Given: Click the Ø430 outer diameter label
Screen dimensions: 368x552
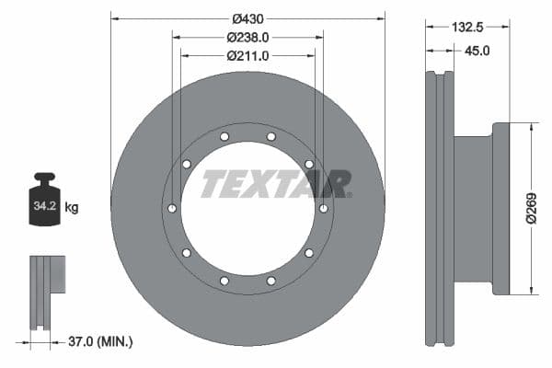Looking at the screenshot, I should [x=247, y=18].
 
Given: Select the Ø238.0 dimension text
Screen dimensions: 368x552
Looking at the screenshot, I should [x=247, y=38].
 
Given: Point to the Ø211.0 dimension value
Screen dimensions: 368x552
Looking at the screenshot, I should [x=247, y=56].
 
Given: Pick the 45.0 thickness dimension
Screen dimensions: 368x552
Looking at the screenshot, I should [x=477, y=52].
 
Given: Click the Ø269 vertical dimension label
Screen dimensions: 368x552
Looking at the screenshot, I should [x=530, y=209].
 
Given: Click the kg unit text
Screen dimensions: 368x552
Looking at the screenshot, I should [x=72, y=208].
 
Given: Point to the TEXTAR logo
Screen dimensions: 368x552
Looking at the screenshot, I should [x=275, y=184].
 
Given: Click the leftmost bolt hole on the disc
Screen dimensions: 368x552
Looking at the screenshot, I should [x=170, y=209].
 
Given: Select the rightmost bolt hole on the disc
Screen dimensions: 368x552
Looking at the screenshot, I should [x=323, y=209].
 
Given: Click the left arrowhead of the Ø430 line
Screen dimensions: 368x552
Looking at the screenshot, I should [x=114, y=18].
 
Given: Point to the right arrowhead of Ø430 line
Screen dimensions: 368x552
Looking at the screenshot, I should [x=381, y=18].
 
